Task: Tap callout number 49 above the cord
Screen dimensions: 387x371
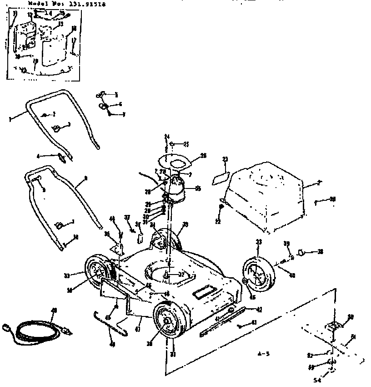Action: [x=54, y=311]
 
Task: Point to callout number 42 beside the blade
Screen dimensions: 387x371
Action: [x=259, y=310]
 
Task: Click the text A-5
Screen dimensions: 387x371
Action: [x=261, y=353]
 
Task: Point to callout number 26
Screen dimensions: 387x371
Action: [x=203, y=155]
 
